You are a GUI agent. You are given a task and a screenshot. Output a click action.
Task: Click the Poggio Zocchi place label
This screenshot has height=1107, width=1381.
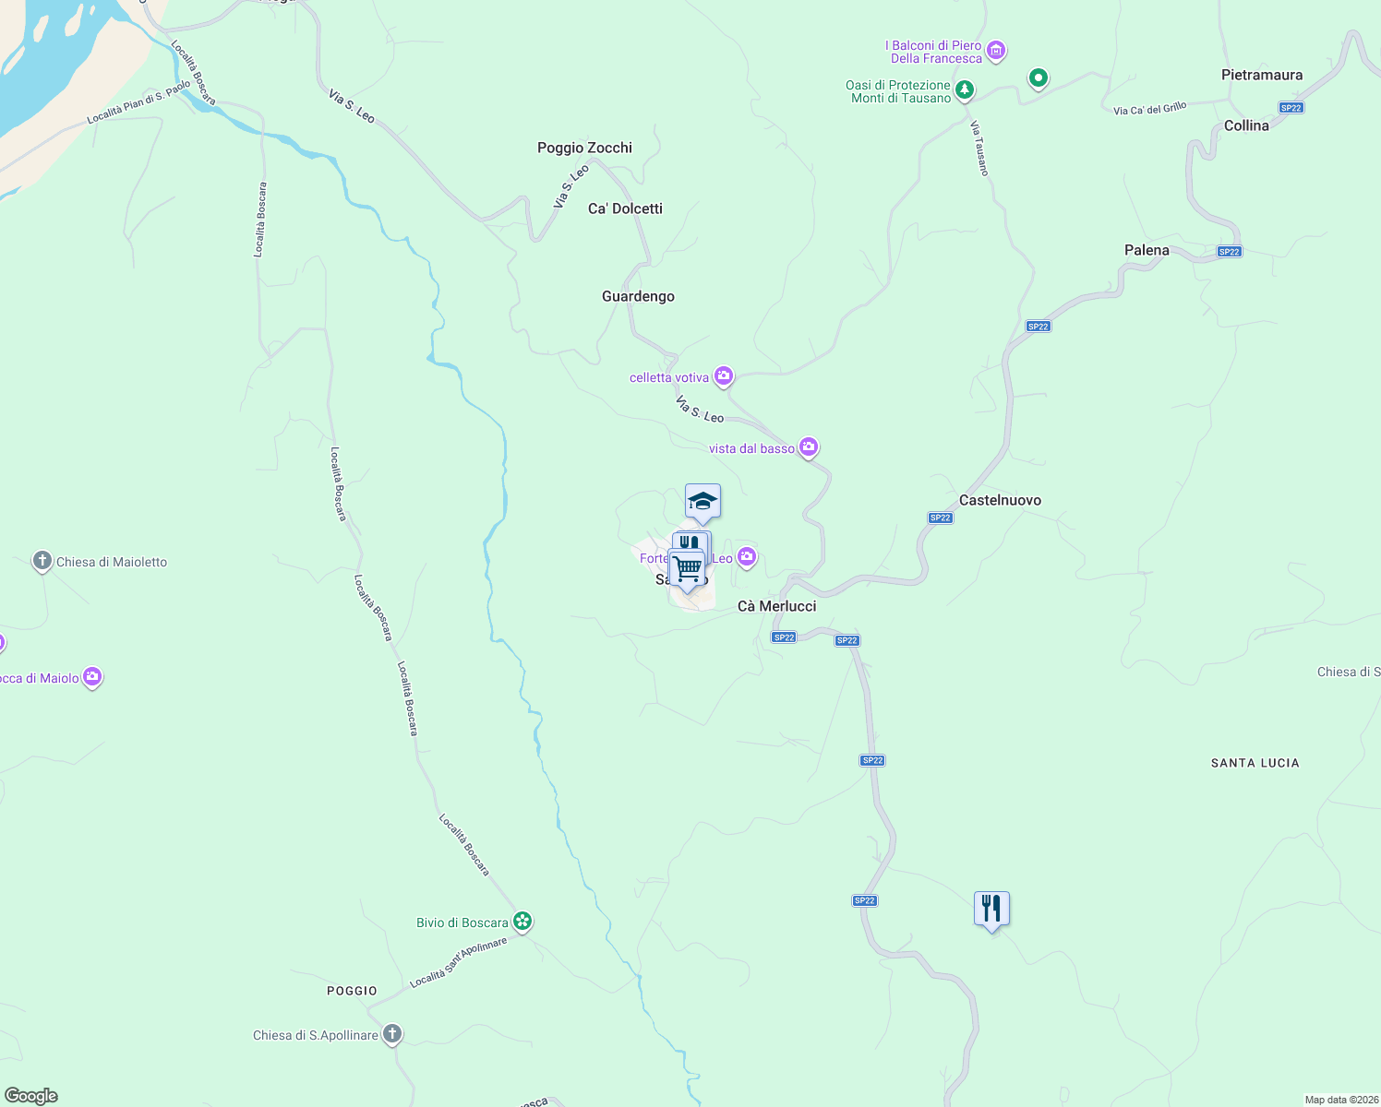584,148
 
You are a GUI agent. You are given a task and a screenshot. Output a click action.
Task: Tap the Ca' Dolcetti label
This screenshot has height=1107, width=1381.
625,208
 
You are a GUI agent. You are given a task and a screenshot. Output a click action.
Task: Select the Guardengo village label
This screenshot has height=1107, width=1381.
638,296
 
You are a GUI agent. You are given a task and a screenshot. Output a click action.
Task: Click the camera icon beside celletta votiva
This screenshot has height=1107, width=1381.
724,375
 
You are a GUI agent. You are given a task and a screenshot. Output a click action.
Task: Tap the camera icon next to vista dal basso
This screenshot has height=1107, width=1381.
809,447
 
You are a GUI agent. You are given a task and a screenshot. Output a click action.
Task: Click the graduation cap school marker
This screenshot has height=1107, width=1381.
703,501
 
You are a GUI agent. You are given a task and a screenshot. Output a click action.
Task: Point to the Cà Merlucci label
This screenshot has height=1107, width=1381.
776,606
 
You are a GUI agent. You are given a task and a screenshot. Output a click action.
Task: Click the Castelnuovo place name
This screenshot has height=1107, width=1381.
1000,500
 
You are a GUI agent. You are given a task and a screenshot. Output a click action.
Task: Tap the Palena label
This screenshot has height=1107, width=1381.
1147,250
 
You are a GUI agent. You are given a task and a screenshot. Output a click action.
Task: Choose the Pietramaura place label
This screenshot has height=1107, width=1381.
1261,75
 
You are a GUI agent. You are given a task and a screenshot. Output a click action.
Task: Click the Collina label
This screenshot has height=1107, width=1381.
1246,125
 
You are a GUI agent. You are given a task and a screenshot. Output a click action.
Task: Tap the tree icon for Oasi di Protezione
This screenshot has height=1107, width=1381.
965,89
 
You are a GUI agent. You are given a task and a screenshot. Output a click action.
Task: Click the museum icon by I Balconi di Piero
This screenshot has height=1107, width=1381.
996,50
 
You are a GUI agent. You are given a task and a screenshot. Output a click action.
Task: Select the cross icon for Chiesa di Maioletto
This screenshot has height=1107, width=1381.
42,560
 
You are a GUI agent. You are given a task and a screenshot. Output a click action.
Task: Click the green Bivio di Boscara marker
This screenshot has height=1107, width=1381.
522,921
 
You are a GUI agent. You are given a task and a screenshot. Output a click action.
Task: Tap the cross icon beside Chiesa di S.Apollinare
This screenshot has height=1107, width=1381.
392,1033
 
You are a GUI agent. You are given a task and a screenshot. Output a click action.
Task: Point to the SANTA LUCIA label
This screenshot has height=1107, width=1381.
1255,763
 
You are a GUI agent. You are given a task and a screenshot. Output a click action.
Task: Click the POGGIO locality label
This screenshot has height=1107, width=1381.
352,991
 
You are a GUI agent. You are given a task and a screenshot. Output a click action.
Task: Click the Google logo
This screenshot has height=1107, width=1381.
30,1096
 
